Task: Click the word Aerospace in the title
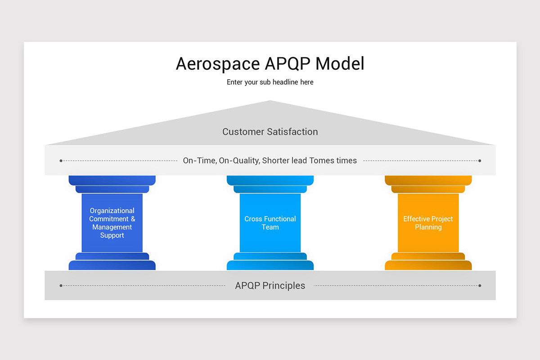pyautogui.click(x=217, y=64)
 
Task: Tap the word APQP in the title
pyautogui.click(x=288, y=64)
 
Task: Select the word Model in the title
pyautogui.click(x=340, y=64)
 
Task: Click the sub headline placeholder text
pyautogui.click(x=270, y=82)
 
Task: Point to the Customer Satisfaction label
pyautogui.click(x=270, y=132)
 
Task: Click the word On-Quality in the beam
pyautogui.click(x=239, y=161)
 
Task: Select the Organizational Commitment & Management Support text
pyautogui.click(x=112, y=223)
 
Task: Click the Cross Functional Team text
pyautogui.click(x=270, y=223)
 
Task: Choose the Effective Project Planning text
pyautogui.click(x=428, y=223)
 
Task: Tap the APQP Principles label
pyautogui.click(x=270, y=286)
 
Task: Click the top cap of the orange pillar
pyautogui.click(x=428, y=180)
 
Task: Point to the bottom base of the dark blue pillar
pyautogui.click(x=112, y=265)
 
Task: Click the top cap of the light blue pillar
pyautogui.click(x=270, y=180)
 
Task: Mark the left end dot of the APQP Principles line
pyautogui.click(x=61, y=286)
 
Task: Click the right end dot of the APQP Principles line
pyautogui.click(x=480, y=286)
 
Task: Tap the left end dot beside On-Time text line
pyautogui.click(x=61, y=161)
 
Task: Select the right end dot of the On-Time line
pyautogui.click(x=480, y=161)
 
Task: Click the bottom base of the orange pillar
pyautogui.click(x=428, y=265)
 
